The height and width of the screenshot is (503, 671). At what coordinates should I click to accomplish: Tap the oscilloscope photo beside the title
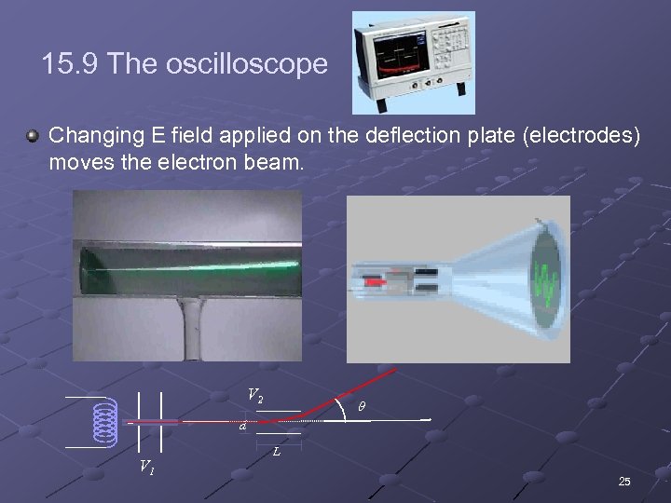point(414,61)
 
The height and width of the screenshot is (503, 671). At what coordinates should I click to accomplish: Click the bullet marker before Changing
point(33,137)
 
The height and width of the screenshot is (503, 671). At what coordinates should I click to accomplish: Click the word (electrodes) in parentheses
point(582,136)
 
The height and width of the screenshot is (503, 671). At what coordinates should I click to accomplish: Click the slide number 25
point(624,481)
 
